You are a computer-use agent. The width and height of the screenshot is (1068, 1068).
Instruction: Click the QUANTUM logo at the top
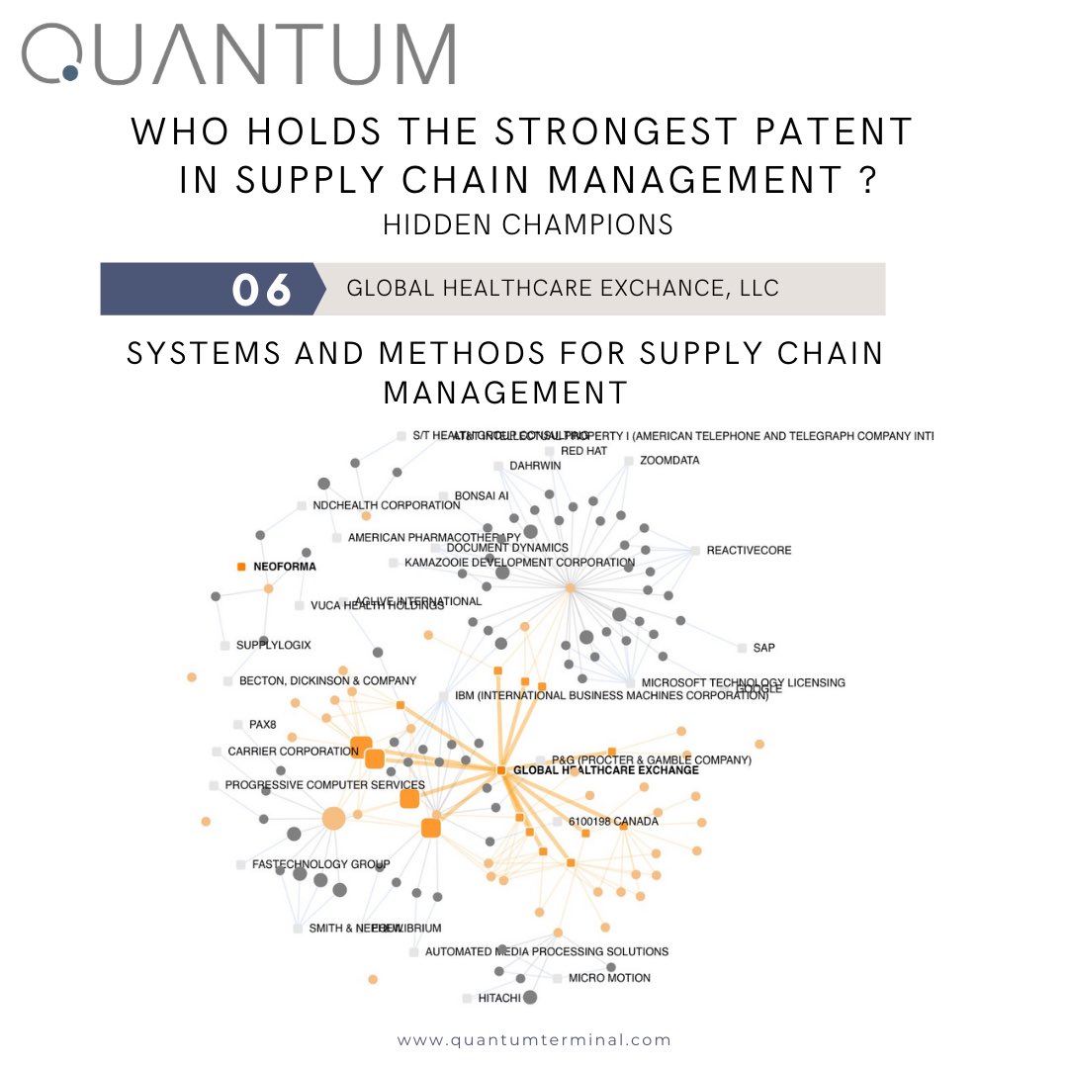[x=238, y=54]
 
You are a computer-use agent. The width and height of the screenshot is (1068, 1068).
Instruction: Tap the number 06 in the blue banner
[x=262, y=290]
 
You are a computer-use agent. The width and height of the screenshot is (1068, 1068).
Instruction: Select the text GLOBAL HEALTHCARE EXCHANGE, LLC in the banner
[x=563, y=289]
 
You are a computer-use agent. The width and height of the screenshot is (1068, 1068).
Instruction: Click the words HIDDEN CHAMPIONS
[x=528, y=224]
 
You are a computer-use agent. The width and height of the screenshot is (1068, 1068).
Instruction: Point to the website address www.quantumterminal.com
[x=534, y=1039]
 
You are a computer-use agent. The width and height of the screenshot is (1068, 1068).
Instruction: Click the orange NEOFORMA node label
[x=286, y=568]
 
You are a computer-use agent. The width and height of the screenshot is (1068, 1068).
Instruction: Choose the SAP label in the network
[x=763, y=648]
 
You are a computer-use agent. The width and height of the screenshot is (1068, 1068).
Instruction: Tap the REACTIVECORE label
[x=749, y=551]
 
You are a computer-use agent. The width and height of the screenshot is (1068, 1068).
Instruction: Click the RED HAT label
[x=583, y=451]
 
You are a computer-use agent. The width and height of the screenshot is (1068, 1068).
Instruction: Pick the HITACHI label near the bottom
[x=498, y=998]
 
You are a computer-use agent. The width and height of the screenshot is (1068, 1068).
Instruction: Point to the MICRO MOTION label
[x=609, y=978]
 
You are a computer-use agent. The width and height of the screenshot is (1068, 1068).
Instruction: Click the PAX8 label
[x=262, y=725]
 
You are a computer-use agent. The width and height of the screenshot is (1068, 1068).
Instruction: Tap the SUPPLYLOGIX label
[x=273, y=646]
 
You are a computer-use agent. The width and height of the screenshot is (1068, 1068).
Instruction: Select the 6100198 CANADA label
[x=612, y=822]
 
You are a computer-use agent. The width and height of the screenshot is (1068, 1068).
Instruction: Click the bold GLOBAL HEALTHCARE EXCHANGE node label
[x=605, y=770]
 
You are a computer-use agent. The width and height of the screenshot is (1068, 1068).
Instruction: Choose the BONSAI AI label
[x=481, y=495]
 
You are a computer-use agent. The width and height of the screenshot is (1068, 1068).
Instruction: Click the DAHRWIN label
[x=534, y=466]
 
